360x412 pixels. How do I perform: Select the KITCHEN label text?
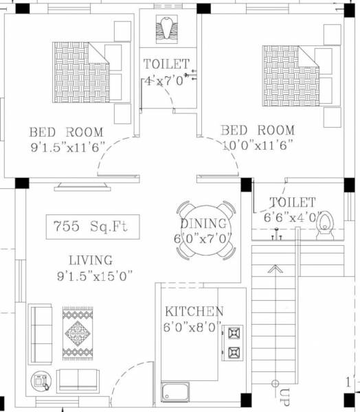pos(194,311)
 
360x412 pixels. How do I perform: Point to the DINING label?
pos(203,224)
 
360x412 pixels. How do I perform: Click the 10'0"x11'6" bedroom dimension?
pos(257,144)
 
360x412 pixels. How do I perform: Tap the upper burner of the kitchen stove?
pos(234,333)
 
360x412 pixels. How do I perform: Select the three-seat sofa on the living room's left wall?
pos(40,333)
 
